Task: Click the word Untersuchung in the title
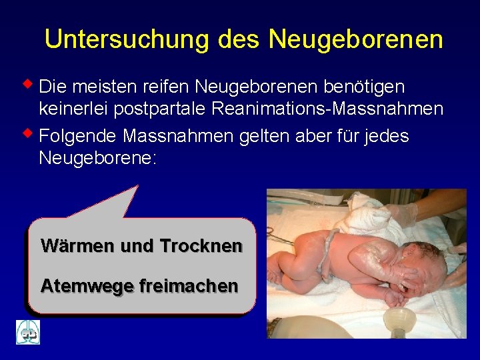(x=127, y=40)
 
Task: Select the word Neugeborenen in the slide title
(x=356, y=40)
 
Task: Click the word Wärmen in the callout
(x=77, y=246)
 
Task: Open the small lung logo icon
(x=28, y=332)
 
